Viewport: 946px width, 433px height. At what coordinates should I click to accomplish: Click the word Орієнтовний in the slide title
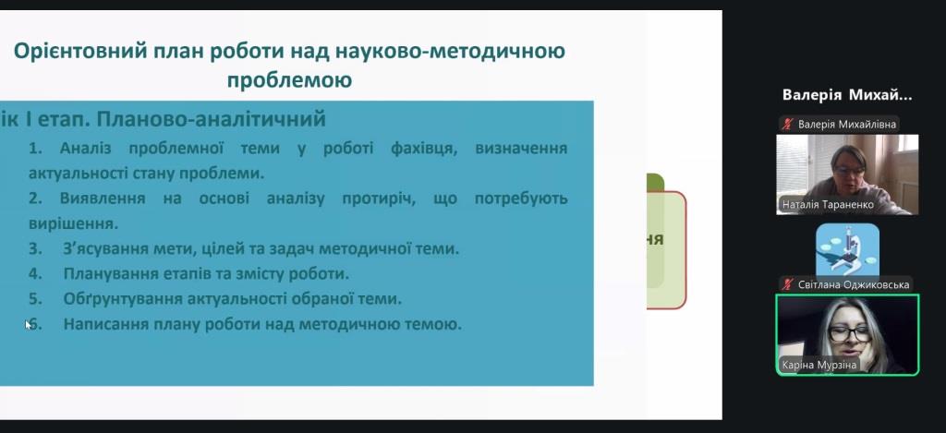[x=80, y=52]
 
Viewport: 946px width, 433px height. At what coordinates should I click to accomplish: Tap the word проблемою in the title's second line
[x=289, y=80]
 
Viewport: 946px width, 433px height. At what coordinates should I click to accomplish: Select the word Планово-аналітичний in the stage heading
[x=212, y=119]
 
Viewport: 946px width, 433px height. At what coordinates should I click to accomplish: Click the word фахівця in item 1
[x=424, y=149]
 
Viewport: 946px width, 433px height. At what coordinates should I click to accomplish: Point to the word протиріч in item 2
[x=379, y=198]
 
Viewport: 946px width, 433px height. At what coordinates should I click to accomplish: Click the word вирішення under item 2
[x=73, y=223]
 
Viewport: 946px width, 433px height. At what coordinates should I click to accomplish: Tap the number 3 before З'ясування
[x=35, y=248]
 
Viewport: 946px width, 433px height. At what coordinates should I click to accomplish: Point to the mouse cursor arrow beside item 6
[x=29, y=324]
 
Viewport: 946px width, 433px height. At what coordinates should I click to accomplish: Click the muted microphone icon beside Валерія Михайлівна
[x=787, y=125]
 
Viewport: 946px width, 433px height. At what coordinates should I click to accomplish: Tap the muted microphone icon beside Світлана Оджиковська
[x=787, y=284]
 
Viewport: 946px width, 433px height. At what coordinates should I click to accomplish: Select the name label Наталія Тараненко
[x=828, y=204]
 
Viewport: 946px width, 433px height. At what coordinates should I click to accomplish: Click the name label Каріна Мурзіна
[x=819, y=365]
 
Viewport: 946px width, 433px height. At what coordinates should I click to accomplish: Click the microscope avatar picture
[x=848, y=249]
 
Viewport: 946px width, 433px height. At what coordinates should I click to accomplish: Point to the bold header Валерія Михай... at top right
[x=847, y=95]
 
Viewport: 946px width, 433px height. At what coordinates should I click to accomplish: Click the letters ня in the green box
[x=655, y=239]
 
